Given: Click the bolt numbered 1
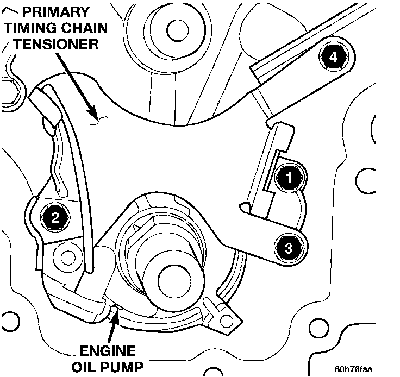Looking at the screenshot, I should [x=287, y=177].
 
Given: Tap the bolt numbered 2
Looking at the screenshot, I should [x=55, y=218].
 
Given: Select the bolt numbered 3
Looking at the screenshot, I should [x=288, y=248].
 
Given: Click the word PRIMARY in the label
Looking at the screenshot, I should [x=54, y=11].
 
